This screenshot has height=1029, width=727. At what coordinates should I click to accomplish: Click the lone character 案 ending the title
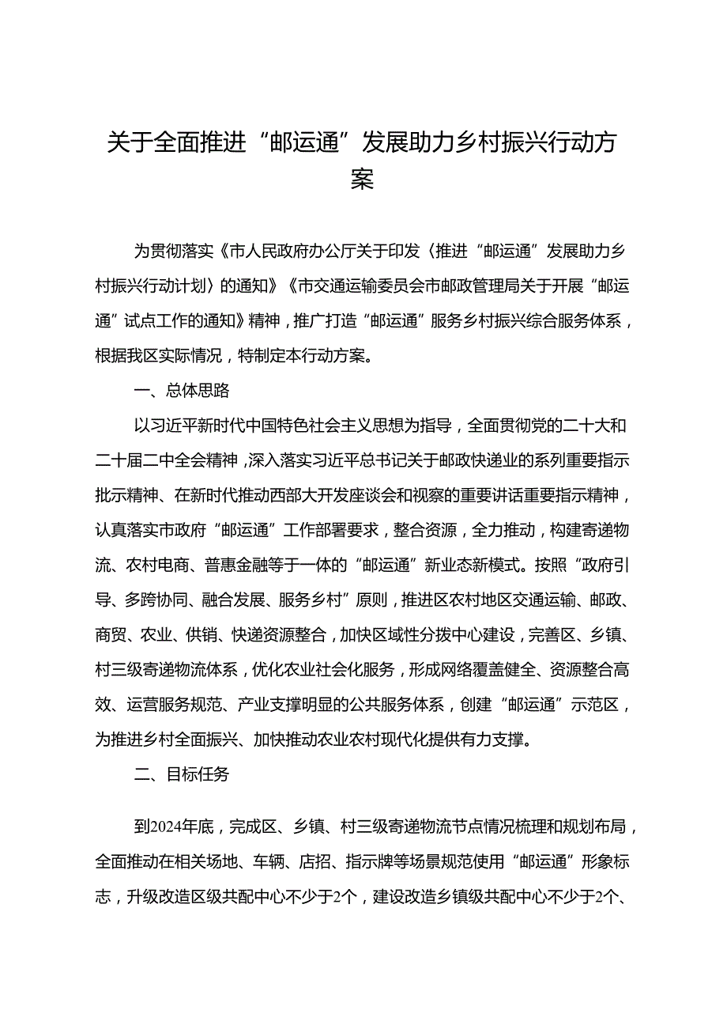[363, 180]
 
